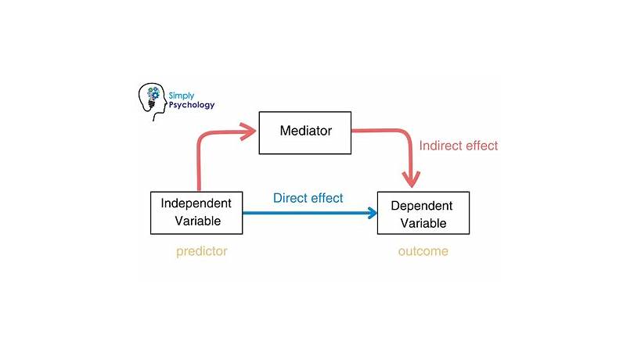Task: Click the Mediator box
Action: (305, 132)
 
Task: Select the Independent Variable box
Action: (196, 212)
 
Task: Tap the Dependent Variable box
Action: (423, 214)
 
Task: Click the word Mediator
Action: (305, 131)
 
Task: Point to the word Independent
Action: (196, 203)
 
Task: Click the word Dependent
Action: (423, 206)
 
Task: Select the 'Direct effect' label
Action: (308, 198)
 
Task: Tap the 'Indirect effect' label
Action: (458, 146)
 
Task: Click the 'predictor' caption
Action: (201, 251)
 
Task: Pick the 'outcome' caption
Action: (422, 251)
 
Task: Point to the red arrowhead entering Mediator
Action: (248, 131)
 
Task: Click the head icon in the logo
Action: (151, 100)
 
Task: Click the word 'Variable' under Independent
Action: (196, 221)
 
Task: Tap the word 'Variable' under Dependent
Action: (423, 223)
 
